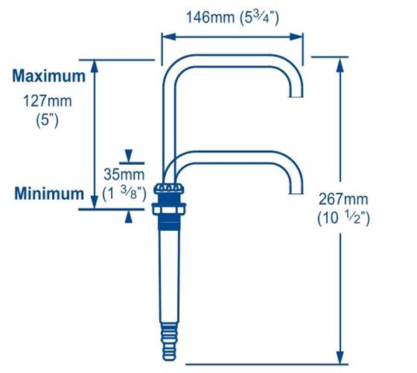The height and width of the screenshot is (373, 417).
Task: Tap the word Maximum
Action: [x=49, y=76]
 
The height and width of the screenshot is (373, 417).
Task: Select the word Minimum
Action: [x=49, y=193]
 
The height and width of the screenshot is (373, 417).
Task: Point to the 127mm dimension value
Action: [x=47, y=101]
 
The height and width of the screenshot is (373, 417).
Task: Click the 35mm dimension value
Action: [x=124, y=175]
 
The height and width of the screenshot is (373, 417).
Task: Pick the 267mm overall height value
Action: [x=343, y=199]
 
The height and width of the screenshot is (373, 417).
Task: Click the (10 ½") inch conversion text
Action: [x=343, y=218]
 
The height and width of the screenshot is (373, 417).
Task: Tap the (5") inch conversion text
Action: [x=47, y=120]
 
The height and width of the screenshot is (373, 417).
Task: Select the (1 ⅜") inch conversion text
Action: [x=124, y=193]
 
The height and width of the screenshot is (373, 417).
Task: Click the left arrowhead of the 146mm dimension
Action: [x=169, y=37]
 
